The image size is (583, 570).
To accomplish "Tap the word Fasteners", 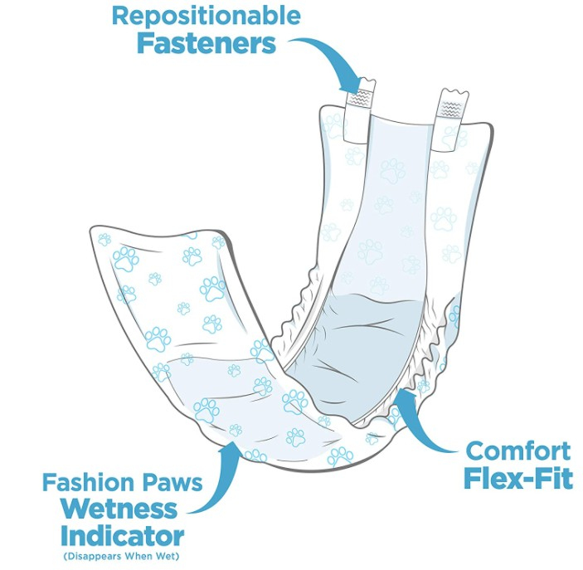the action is [206, 43].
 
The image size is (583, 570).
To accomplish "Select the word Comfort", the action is [518, 451].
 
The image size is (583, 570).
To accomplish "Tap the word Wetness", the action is [119, 509].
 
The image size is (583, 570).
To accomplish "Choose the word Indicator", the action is [123, 535].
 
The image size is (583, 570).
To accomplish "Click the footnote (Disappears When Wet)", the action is [121, 557].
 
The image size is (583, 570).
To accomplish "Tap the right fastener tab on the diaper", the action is [450, 119].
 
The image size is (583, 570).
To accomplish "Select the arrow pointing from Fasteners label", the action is [331, 56].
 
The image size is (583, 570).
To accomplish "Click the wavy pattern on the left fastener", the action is [358, 98].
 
